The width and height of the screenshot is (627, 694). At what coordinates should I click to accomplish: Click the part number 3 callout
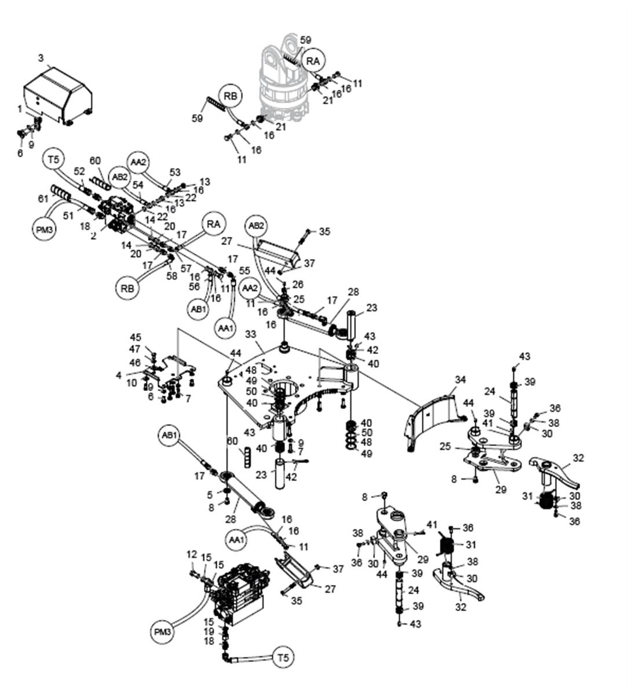coord(41,58)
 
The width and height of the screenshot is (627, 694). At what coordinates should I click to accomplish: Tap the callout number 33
coord(250,335)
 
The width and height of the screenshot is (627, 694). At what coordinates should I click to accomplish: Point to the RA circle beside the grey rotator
coord(313,61)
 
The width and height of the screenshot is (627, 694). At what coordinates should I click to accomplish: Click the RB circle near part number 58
coord(127,287)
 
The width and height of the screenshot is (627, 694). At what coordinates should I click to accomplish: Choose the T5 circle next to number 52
coord(53,159)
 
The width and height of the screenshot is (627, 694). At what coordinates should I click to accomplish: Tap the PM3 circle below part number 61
coord(43,229)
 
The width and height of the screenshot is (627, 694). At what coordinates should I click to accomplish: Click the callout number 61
coord(43,199)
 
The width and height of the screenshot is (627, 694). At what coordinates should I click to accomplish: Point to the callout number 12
coord(192,554)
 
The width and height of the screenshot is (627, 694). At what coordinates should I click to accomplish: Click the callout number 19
coord(209,631)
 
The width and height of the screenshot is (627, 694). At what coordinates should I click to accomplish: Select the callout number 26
coord(298,284)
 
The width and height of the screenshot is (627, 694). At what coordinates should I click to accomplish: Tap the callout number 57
coord(185,268)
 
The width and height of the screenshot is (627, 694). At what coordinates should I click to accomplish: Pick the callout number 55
coord(244,270)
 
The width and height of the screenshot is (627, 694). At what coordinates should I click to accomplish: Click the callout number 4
coord(118,375)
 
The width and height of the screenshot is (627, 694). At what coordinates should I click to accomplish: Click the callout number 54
coord(138,185)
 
